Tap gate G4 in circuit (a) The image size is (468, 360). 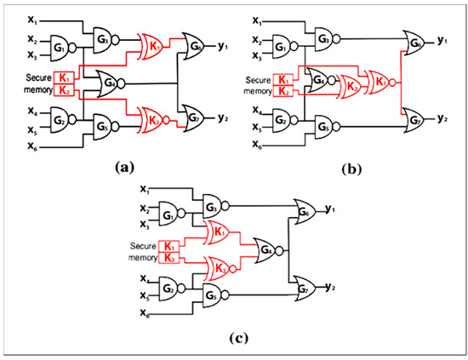click(x=108, y=83)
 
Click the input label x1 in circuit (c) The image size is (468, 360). click(x=144, y=188)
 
